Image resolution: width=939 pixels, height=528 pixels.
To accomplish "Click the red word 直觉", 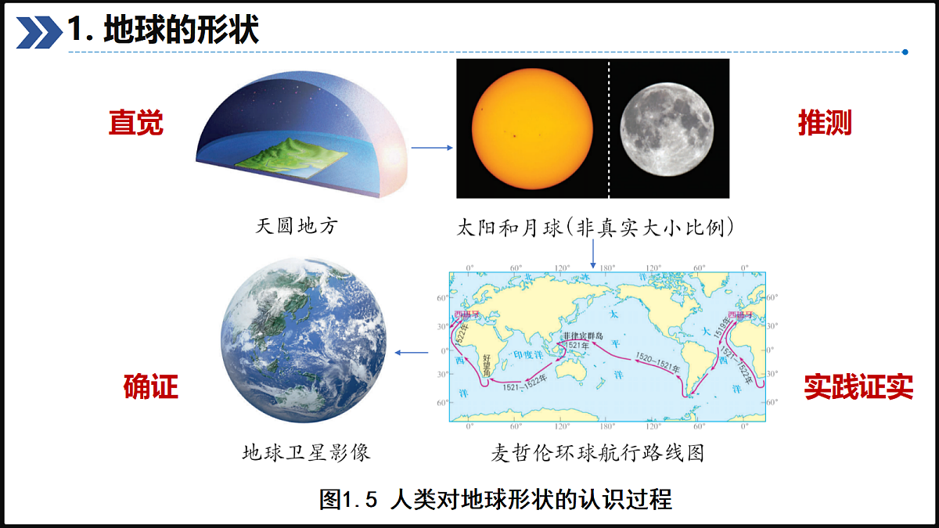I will click(136, 123).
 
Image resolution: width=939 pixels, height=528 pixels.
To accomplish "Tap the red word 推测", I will click(824, 123).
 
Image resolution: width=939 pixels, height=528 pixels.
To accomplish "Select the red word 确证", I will click(151, 386).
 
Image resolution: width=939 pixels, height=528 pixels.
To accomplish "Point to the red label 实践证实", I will click(858, 386).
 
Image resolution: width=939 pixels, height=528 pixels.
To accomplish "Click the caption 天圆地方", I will click(297, 227).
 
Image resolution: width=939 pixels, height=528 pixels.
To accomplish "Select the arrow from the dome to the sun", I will click(432, 147).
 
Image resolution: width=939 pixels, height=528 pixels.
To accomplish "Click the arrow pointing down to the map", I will click(593, 253).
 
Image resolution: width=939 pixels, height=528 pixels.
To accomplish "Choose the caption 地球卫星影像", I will click(306, 452).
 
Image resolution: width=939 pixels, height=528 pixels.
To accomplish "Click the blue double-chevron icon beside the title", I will click(38, 32).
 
